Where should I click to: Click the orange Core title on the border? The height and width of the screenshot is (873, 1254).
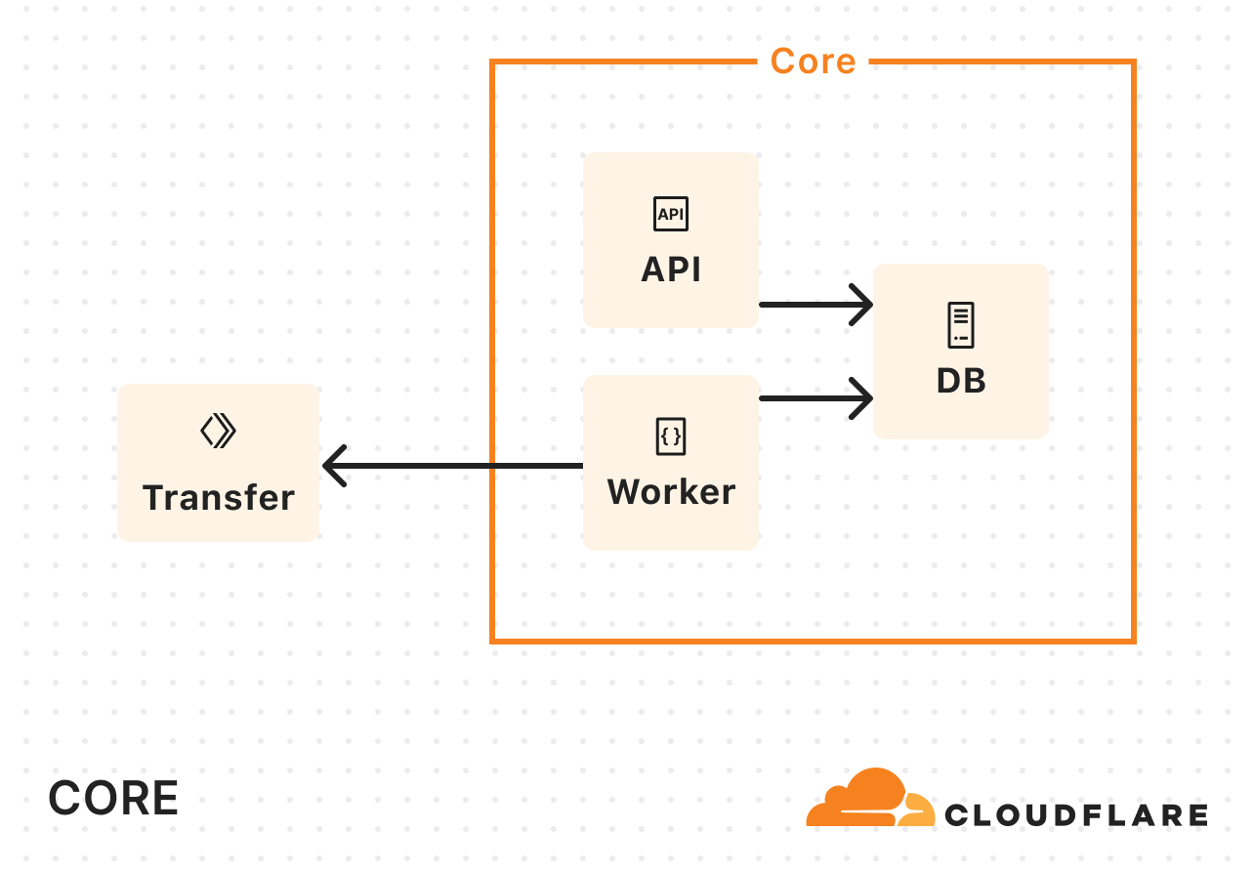(x=813, y=61)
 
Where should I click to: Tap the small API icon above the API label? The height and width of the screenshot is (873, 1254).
(x=671, y=214)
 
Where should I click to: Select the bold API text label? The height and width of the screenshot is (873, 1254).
(x=671, y=270)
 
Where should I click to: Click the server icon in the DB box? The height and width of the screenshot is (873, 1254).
(x=961, y=325)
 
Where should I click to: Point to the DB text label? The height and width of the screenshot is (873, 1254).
(x=961, y=381)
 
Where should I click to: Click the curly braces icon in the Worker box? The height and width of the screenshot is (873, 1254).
(x=671, y=436)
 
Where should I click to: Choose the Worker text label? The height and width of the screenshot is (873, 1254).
(x=671, y=492)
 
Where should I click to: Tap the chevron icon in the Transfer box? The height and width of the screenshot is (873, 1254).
(x=219, y=431)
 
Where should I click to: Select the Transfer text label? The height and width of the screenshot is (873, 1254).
(x=219, y=498)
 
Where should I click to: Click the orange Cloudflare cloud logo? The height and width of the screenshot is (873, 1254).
(x=869, y=799)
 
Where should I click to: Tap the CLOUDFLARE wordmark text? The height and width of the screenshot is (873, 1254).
(x=1076, y=814)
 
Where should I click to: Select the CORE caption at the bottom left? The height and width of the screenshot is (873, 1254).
(x=113, y=798)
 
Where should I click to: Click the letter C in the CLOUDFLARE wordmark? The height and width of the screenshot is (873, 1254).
(x=957, y=814)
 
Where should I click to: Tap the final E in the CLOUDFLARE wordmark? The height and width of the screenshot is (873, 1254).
(x=1197, y=814)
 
